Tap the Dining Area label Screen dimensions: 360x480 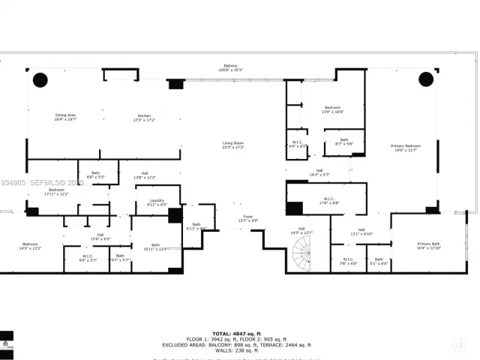click(x=66, y=118)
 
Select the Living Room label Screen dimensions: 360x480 click(x=232, y=145)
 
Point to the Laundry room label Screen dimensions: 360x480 click(x=157, y=202)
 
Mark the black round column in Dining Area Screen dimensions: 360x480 click(x=40, y=79)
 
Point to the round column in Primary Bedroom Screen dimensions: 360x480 click(x=426, y=79)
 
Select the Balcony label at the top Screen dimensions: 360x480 click(x=230, y=67)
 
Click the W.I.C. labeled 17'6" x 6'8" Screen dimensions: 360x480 click(x=329, y=200)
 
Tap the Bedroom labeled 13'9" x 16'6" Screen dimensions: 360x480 click(x=333, y=109)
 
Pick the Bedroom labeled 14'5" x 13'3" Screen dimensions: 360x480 click(x=30, y=246)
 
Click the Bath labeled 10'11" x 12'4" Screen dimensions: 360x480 click(x=156, y=247)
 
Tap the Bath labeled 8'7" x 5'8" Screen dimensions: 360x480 click(x=343, y=141)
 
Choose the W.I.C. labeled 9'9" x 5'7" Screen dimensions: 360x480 click(x=88, y=259)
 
